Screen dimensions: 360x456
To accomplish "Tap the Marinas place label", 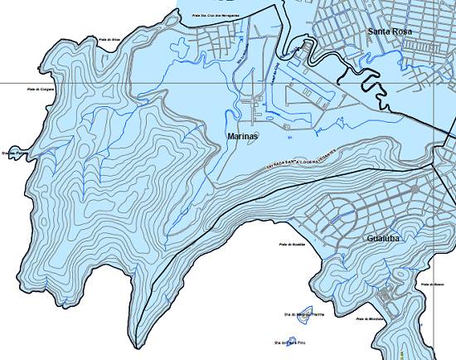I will [x=242, y=135].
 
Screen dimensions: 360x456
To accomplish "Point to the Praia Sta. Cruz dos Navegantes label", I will [x=216, y=15].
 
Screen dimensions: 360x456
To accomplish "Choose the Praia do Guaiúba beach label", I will [x=293, y=244].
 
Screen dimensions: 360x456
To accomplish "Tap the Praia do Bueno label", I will [x=434, y=285].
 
